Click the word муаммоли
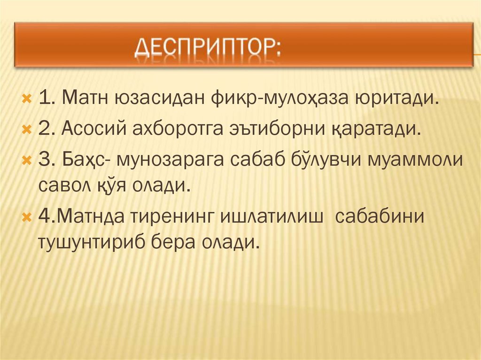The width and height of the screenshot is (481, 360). [416, 159]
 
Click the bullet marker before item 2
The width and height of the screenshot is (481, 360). [26, 129]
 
